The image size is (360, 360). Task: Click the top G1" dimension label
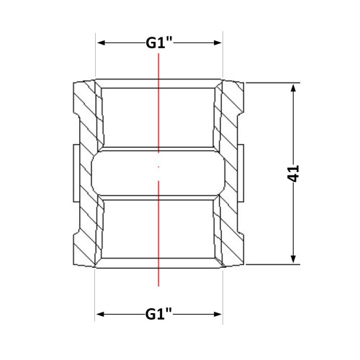(x=159, y=43)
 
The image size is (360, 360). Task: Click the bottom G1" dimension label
(x=158, y=314)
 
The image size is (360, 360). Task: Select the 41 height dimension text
(x=293, y=174)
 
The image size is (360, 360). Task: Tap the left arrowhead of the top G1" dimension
(x=102, y=43)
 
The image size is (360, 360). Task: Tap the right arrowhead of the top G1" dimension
(x=217, y=43)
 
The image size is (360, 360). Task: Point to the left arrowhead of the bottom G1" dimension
(x=100, y=314)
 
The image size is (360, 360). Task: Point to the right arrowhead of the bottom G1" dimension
(x=217, y=314)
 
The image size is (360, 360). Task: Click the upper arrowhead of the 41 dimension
(x=293, y=88)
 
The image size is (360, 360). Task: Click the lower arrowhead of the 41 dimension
(x=293, y=259)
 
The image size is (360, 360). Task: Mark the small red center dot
(x=158, y=166)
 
